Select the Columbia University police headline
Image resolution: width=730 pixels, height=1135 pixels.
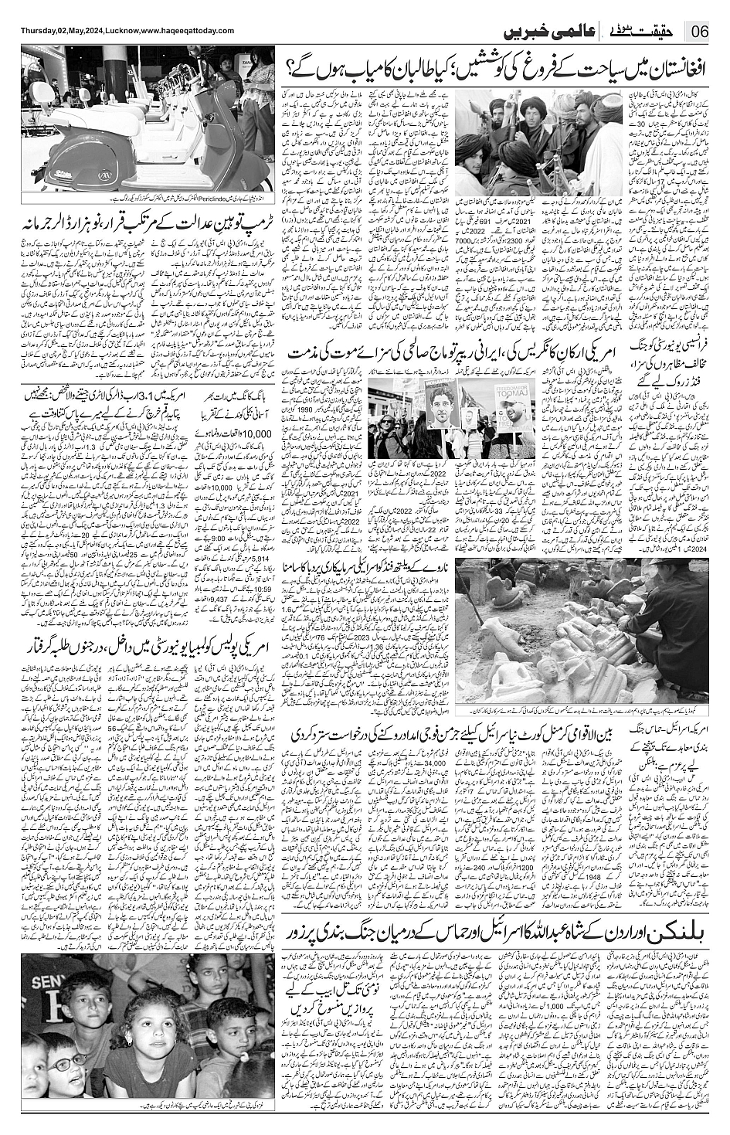point(148,647)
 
